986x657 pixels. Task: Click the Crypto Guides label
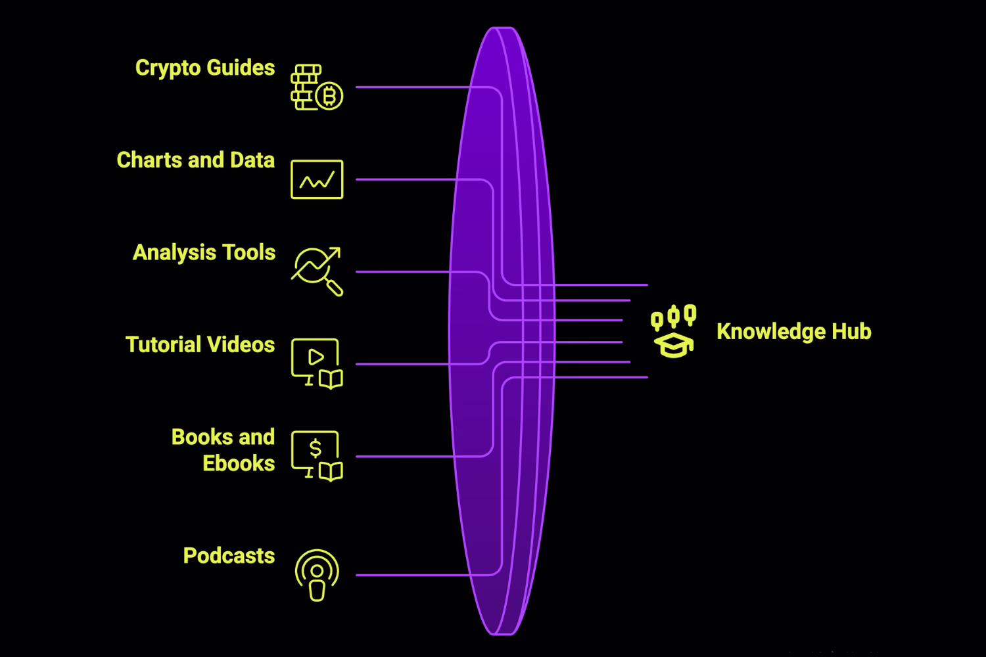[x=204, y=68]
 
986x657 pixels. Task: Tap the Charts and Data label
[x=195, y=160]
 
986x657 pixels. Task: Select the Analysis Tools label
[x=204, y=253]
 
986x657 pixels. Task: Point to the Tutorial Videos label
[x=200, y=345]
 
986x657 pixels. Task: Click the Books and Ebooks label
[x=223, y=450]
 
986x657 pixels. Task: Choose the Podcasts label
[x=229, y=556]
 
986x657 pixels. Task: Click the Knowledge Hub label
[x=793, y=332]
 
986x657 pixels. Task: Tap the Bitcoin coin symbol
[x=329, y=97]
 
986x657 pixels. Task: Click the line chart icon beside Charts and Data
[x=317, y=179]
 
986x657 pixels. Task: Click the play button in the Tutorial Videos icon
[x=316, y=357]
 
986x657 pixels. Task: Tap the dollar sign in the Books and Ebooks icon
[x=316, y=448]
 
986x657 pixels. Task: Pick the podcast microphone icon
[x=317, y=575]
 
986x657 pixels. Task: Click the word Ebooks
[x=239, y=464]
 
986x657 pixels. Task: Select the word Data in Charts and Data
[x=252, y=160]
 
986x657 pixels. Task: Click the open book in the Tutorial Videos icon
[x=331, y=380]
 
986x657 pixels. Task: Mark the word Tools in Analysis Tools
[x=249, y=253]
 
